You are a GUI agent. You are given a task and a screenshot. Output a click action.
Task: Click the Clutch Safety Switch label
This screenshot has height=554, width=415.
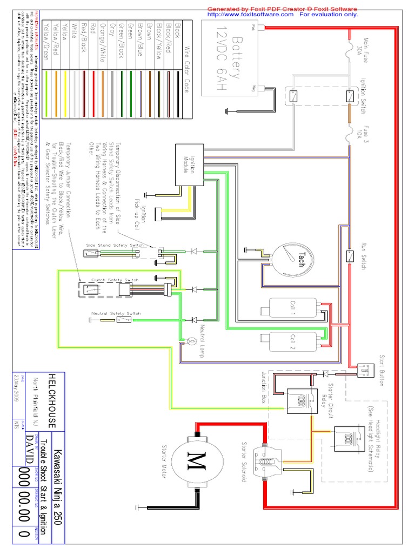pos(115,280)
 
